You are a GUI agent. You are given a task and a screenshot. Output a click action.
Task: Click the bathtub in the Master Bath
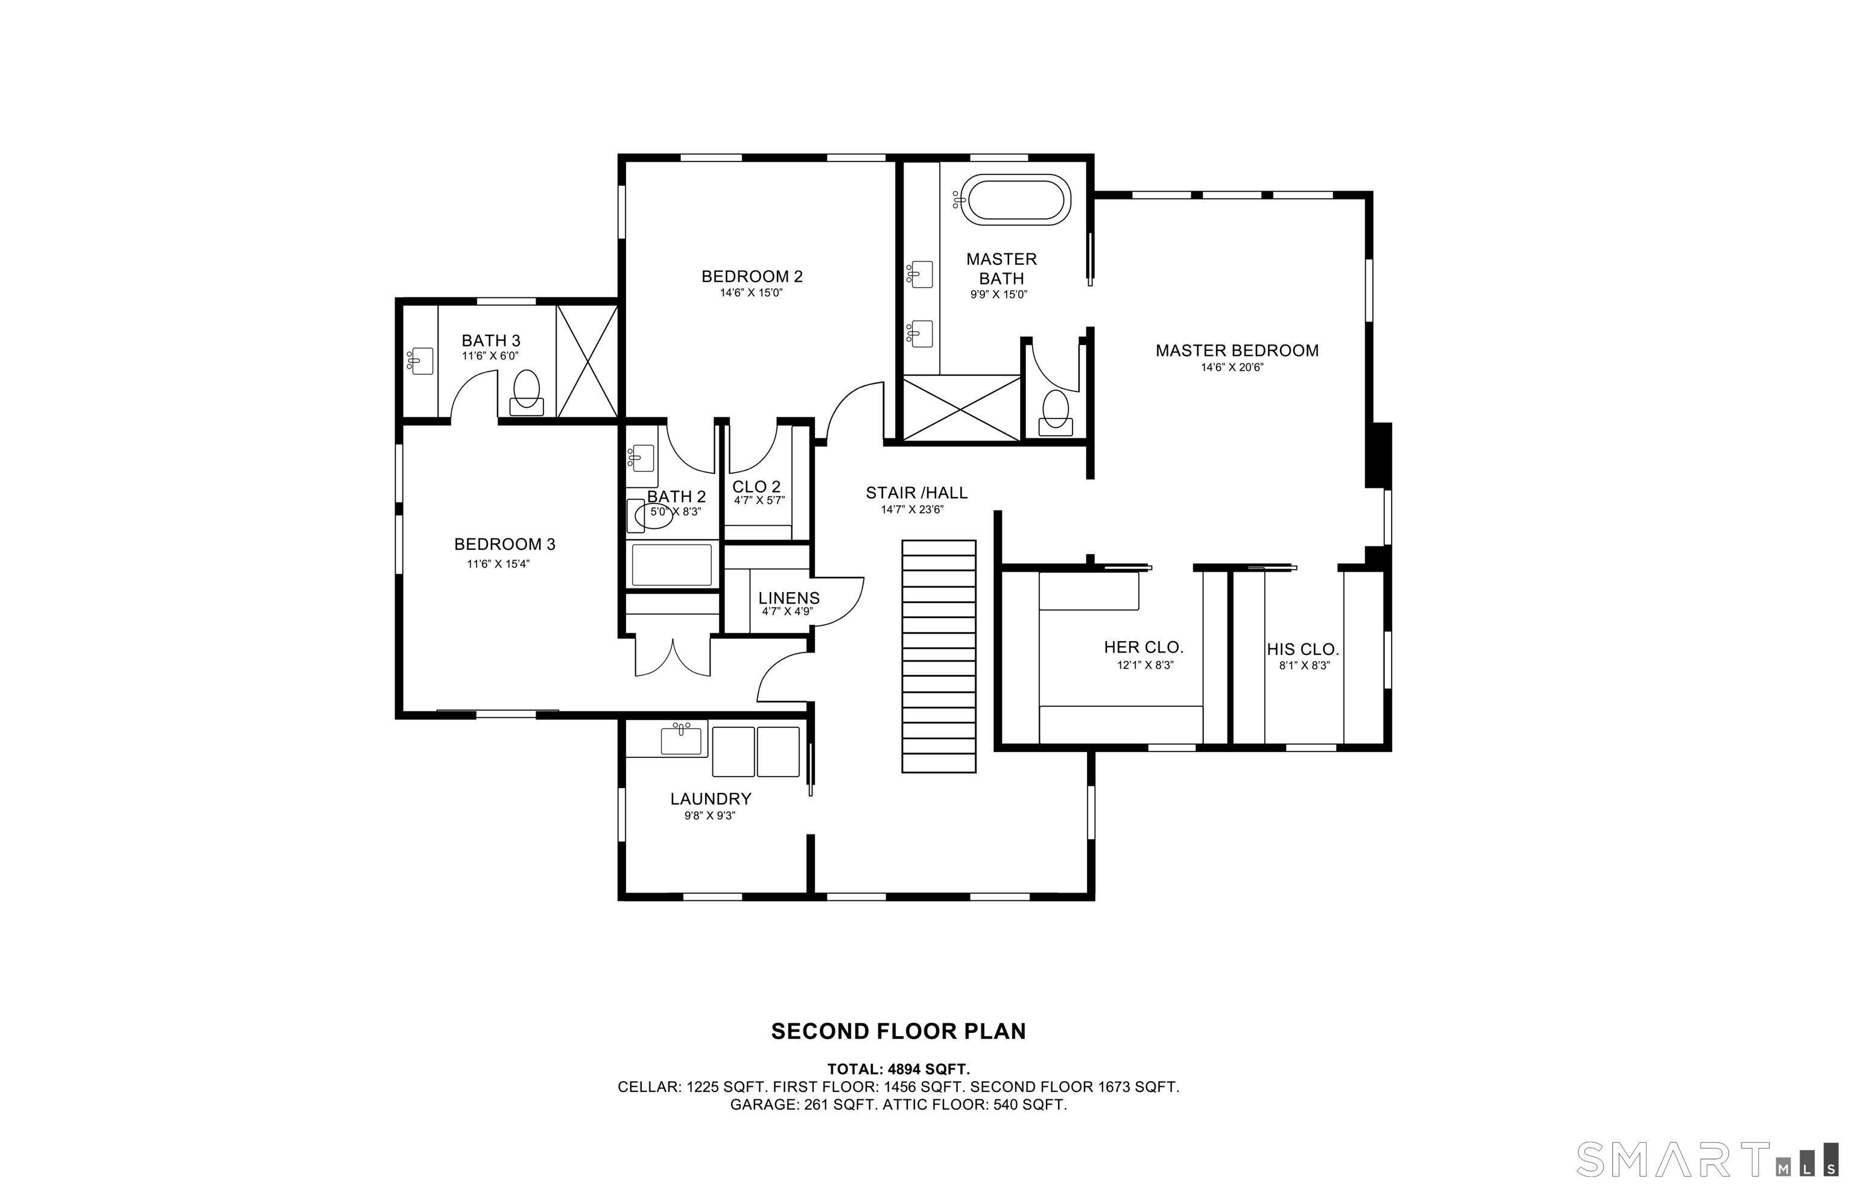(1015, 200)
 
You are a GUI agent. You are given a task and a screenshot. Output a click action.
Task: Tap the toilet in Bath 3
(527, 393)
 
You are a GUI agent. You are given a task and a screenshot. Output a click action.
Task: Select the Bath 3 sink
(420, 361)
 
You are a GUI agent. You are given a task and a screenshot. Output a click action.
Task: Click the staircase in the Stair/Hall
(939, 656)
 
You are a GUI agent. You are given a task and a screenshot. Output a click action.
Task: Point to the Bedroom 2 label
(752, 276)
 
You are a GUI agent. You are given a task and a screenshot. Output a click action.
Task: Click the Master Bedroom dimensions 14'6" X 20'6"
(1232, 367)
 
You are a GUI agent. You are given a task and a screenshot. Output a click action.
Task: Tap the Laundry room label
(711, 799)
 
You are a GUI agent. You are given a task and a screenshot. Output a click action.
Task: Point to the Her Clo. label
(1144, 647)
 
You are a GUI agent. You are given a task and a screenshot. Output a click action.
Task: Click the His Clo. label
(1302, 649)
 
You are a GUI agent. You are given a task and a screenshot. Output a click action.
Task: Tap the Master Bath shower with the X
(961, 408)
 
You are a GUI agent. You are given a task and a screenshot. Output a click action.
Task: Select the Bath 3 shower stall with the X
(588, 361)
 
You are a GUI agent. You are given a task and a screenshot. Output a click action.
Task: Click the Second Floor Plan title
(899, 1032)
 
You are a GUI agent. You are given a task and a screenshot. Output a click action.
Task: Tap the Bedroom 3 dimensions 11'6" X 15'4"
(498, 564)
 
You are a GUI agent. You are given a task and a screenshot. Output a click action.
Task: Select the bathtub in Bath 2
(671, 564)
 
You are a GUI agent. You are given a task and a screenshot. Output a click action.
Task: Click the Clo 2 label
(756, 487)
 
